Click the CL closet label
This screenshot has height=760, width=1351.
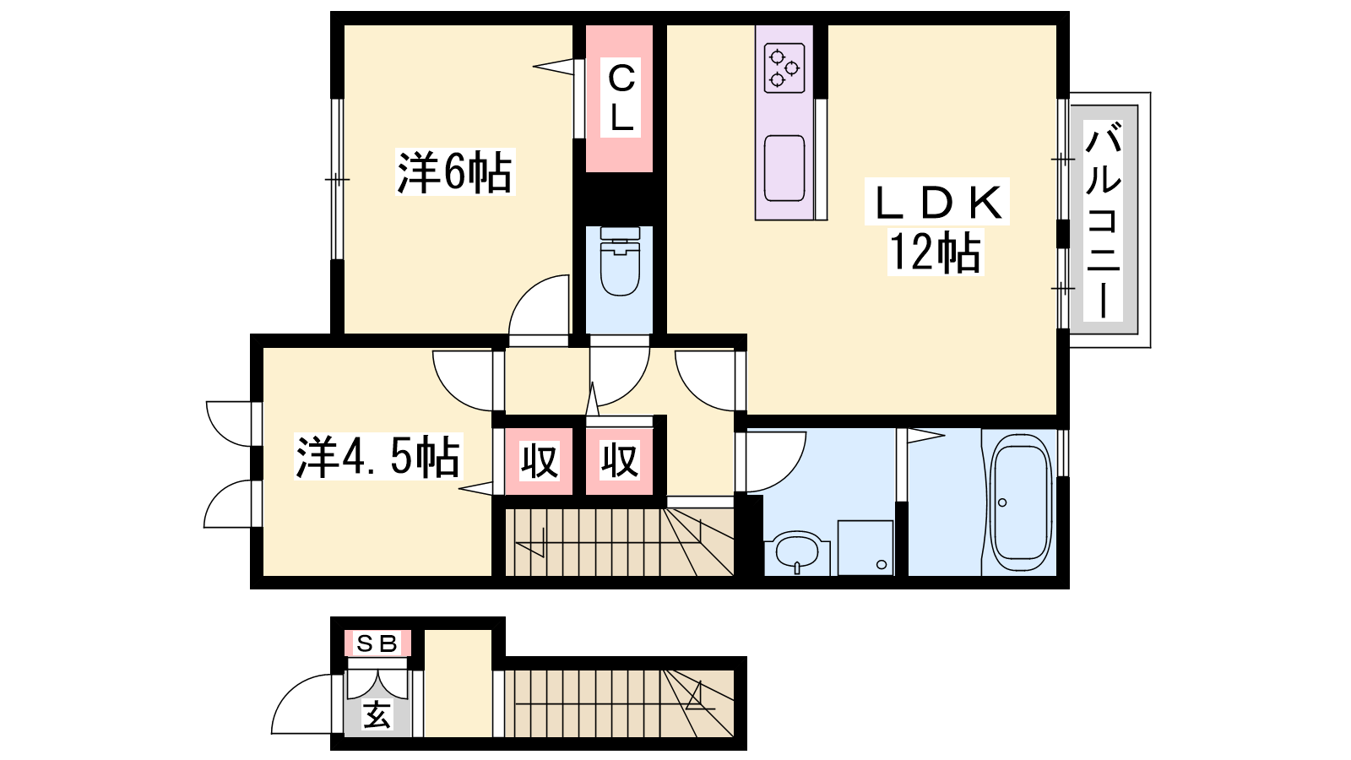[x=621, y=98]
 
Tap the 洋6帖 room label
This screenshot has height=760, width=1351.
[x=455, y=172]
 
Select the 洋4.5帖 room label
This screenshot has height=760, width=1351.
[x=377, y=457]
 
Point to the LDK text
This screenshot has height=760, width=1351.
[x=936, y=203]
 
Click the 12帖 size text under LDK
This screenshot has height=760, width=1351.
[x=936, y=252]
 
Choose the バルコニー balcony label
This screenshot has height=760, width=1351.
[x=1103, y=220]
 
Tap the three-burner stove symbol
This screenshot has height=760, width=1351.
[x=784, y=68]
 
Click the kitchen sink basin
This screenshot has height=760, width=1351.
[x=784, y=168]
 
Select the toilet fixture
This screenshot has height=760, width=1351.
[x=620, y=261]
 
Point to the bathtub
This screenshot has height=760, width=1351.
[x=1019, y=502]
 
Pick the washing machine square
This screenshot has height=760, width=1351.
[x=865, y=547]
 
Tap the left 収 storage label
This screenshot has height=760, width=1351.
[x=540, y=461]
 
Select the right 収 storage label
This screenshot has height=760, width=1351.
[x=620, y=461]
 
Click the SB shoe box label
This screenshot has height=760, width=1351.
[x=377, y=643]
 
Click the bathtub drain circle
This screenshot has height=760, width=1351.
[x=1002, y=502]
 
